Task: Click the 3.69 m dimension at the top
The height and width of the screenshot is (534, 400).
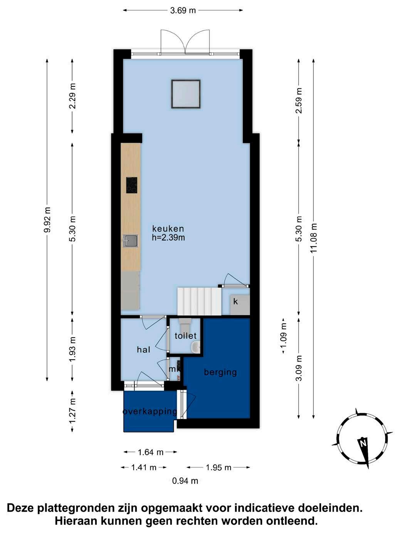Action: point(183,10)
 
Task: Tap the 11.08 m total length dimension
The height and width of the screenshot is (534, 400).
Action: point(314,238)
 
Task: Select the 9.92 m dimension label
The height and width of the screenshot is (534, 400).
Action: point(47,220)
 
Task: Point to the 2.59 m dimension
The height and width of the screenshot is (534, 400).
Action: point(299,100)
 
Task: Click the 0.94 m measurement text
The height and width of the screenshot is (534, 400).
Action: point(185,481)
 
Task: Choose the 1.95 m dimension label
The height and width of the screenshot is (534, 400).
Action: point(218,467)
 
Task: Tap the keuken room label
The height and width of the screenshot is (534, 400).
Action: point(168,229)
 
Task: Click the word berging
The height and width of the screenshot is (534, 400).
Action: point(220,372)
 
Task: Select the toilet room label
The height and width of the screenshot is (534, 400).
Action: point(186,336)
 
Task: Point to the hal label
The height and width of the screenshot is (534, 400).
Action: point(143,350)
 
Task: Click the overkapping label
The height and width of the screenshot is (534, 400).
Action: point(150,412)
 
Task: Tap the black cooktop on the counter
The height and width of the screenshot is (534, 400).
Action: point(132,185)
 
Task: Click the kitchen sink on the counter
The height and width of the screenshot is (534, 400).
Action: point(130,241)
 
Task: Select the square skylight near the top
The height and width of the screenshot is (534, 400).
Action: point(186,94)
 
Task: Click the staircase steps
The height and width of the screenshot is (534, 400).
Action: point(199,302)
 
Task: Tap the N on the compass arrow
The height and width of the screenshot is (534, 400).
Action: point(363,443)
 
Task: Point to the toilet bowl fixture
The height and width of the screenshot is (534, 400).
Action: point(185,322)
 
